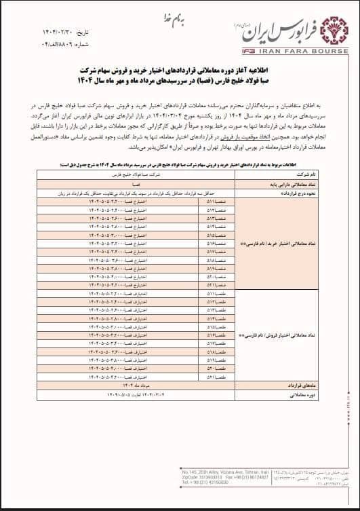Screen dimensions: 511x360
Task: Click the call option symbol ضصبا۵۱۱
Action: [x=214, y=201]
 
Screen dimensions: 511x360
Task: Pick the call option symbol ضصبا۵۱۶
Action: [x=214, y=243]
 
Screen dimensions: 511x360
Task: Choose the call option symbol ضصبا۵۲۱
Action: [x=214, y=285]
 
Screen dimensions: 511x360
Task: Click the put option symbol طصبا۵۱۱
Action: [x=214, y=294]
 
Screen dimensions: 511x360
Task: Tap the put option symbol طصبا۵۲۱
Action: [x=214, y=377]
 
